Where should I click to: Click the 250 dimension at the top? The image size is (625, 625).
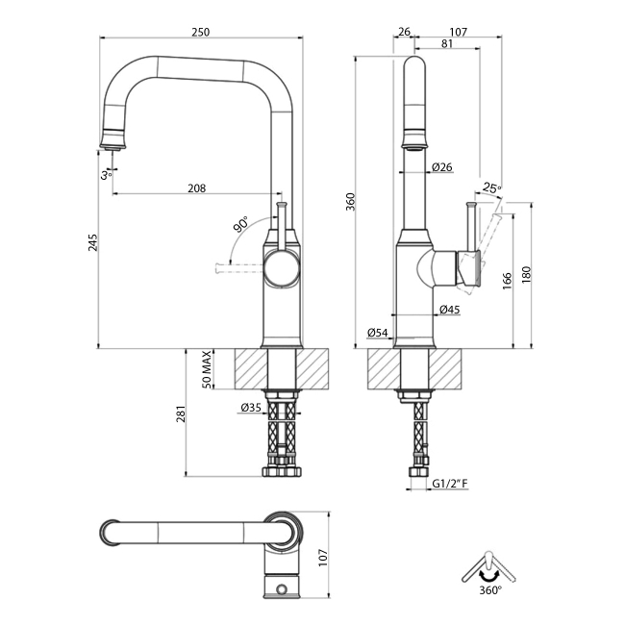(x=200, y=32)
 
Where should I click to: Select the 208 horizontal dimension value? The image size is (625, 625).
(x=196, y=188)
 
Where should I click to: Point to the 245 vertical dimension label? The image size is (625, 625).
(x=93, y=244)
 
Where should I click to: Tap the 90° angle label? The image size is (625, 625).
(x=239, y=226)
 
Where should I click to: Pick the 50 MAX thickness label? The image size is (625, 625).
(x=206, y=369)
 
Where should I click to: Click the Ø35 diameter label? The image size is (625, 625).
(x=250, y=409)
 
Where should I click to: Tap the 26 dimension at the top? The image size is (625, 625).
(x=404, y=32)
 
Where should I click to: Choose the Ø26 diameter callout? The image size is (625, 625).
(x=442, y=167)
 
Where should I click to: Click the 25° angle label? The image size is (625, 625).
(x=491, y=187)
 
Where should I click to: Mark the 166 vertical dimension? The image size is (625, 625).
(x=507, y=281)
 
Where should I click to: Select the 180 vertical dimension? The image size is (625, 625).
(x=525, y=274)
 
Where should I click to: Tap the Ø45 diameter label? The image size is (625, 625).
(x=449, y=310)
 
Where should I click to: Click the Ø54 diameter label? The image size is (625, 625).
(x=378, y=333)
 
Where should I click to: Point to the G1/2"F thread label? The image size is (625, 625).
(x=449, y=484)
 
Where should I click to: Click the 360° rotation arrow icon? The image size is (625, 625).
(x=488, y=566)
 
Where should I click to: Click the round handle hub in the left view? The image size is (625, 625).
(x=282, y=266)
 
